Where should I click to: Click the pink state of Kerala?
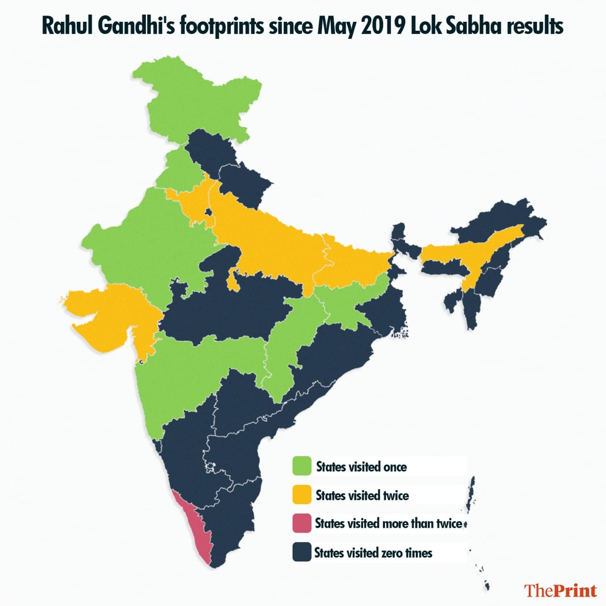(193, 526)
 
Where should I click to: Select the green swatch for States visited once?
(302, 466)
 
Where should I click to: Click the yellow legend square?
(302, 495)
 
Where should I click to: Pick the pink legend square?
(302, 523)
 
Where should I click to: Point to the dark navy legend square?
(302, 552)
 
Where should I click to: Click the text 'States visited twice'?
(362, 496)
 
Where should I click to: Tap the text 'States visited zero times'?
(373, 553)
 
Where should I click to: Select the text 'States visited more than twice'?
(388, 524)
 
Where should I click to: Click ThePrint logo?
(560, 590)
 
